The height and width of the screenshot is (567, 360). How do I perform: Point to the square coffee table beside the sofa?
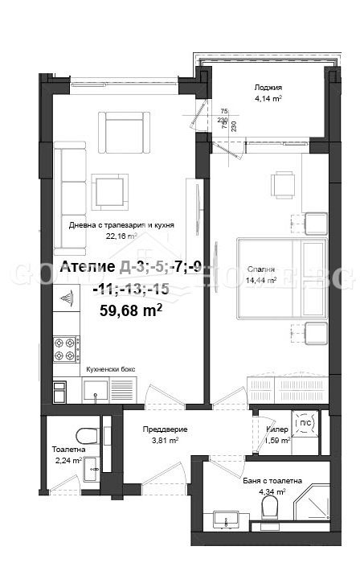click(108, 191)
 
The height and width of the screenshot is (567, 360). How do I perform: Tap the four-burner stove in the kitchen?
click(65, 349)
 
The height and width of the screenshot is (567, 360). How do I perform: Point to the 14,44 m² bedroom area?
click(261, 281)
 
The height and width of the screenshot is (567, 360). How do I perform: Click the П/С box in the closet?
click(306, 423)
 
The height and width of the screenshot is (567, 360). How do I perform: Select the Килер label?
click(277, 429)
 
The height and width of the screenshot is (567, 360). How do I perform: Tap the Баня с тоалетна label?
click(272, 480)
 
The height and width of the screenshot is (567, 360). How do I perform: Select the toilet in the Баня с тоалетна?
click(271, 507)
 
